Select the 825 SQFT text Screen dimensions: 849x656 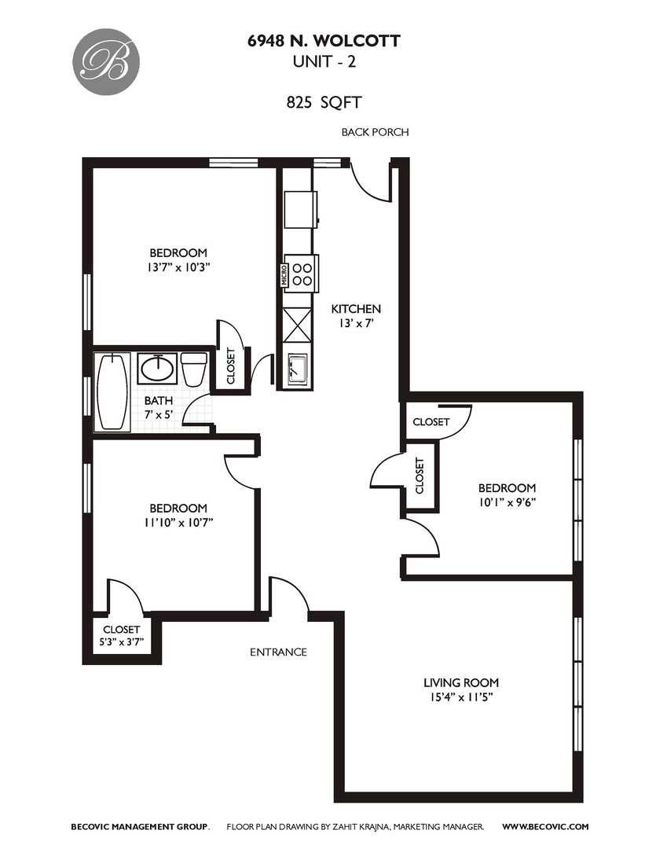pyautogui.click(x=323, y=101)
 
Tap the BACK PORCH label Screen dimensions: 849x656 pyautogui.click(x=375, y=132)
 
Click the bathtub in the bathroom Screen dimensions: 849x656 pyautogui.click(x=113, y=391)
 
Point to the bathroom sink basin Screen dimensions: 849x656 pyautogui.click(x=157, y=368)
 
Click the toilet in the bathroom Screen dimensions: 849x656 pyautogui.click(x=193, y=369)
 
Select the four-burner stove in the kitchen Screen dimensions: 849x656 pyautogui.click(x=301, y=273)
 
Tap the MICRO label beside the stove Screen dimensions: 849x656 pyautogui.click(x=284, y=273)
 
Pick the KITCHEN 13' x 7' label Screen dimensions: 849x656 pyautogui.click(x=356, y=315)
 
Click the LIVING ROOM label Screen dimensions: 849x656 pyautogui.click(x=460, y=682)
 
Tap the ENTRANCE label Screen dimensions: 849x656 pyautogui.click(x=278, y=652)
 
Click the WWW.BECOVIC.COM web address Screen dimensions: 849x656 pyautogui.click(x=544, y=826)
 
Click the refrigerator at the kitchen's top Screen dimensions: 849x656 pyautogui.click(x=301, y=209)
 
